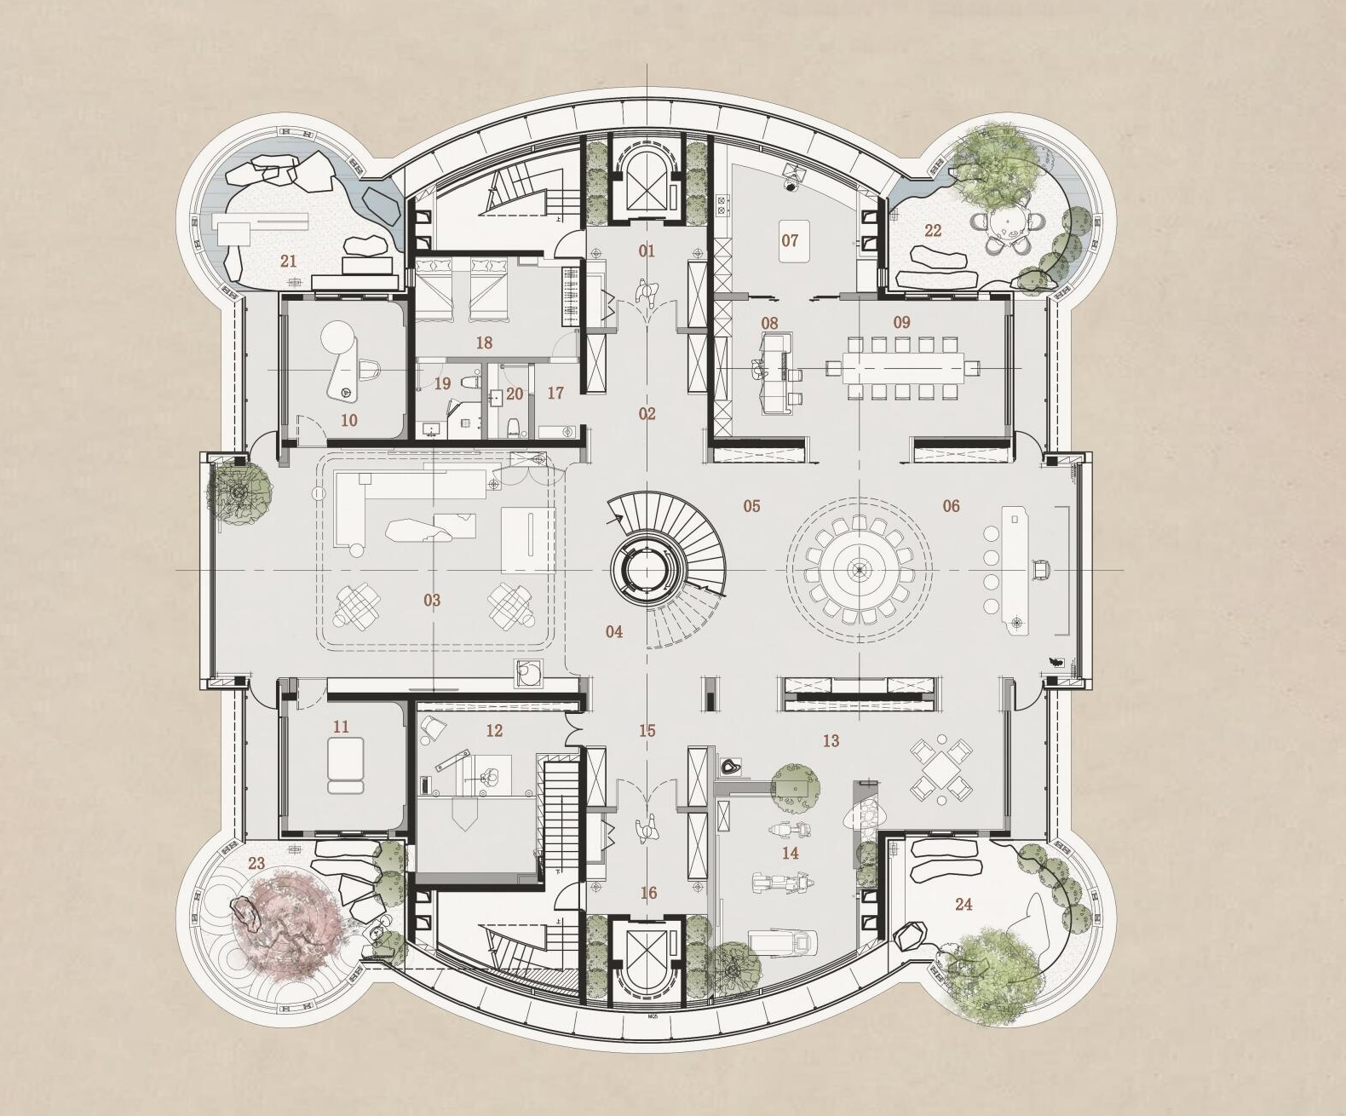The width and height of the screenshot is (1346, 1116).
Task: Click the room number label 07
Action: tap(790, 240)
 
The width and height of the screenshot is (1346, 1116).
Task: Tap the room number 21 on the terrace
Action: tap(289, 261)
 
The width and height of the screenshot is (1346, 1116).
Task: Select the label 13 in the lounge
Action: tap(831, 741)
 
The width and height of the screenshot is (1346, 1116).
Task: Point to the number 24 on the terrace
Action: tap(963, 905)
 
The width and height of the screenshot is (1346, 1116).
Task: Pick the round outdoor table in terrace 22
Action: tap(1007, 226)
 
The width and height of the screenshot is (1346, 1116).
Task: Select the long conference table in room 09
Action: tap(902, 368)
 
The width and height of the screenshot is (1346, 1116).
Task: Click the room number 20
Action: tap(515, 394)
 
